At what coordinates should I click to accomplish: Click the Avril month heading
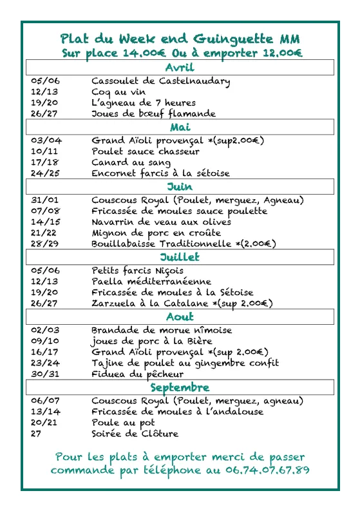[180, 68]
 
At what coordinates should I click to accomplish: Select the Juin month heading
[180, 187]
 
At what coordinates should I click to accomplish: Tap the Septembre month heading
[180, 387]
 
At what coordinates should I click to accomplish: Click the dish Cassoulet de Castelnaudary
[160, 81]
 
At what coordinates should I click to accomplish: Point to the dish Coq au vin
[118, 92]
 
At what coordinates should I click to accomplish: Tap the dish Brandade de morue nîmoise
[161, 330]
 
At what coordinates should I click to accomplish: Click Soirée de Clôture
[135, 433]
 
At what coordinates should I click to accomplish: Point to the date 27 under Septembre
[36, 433]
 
